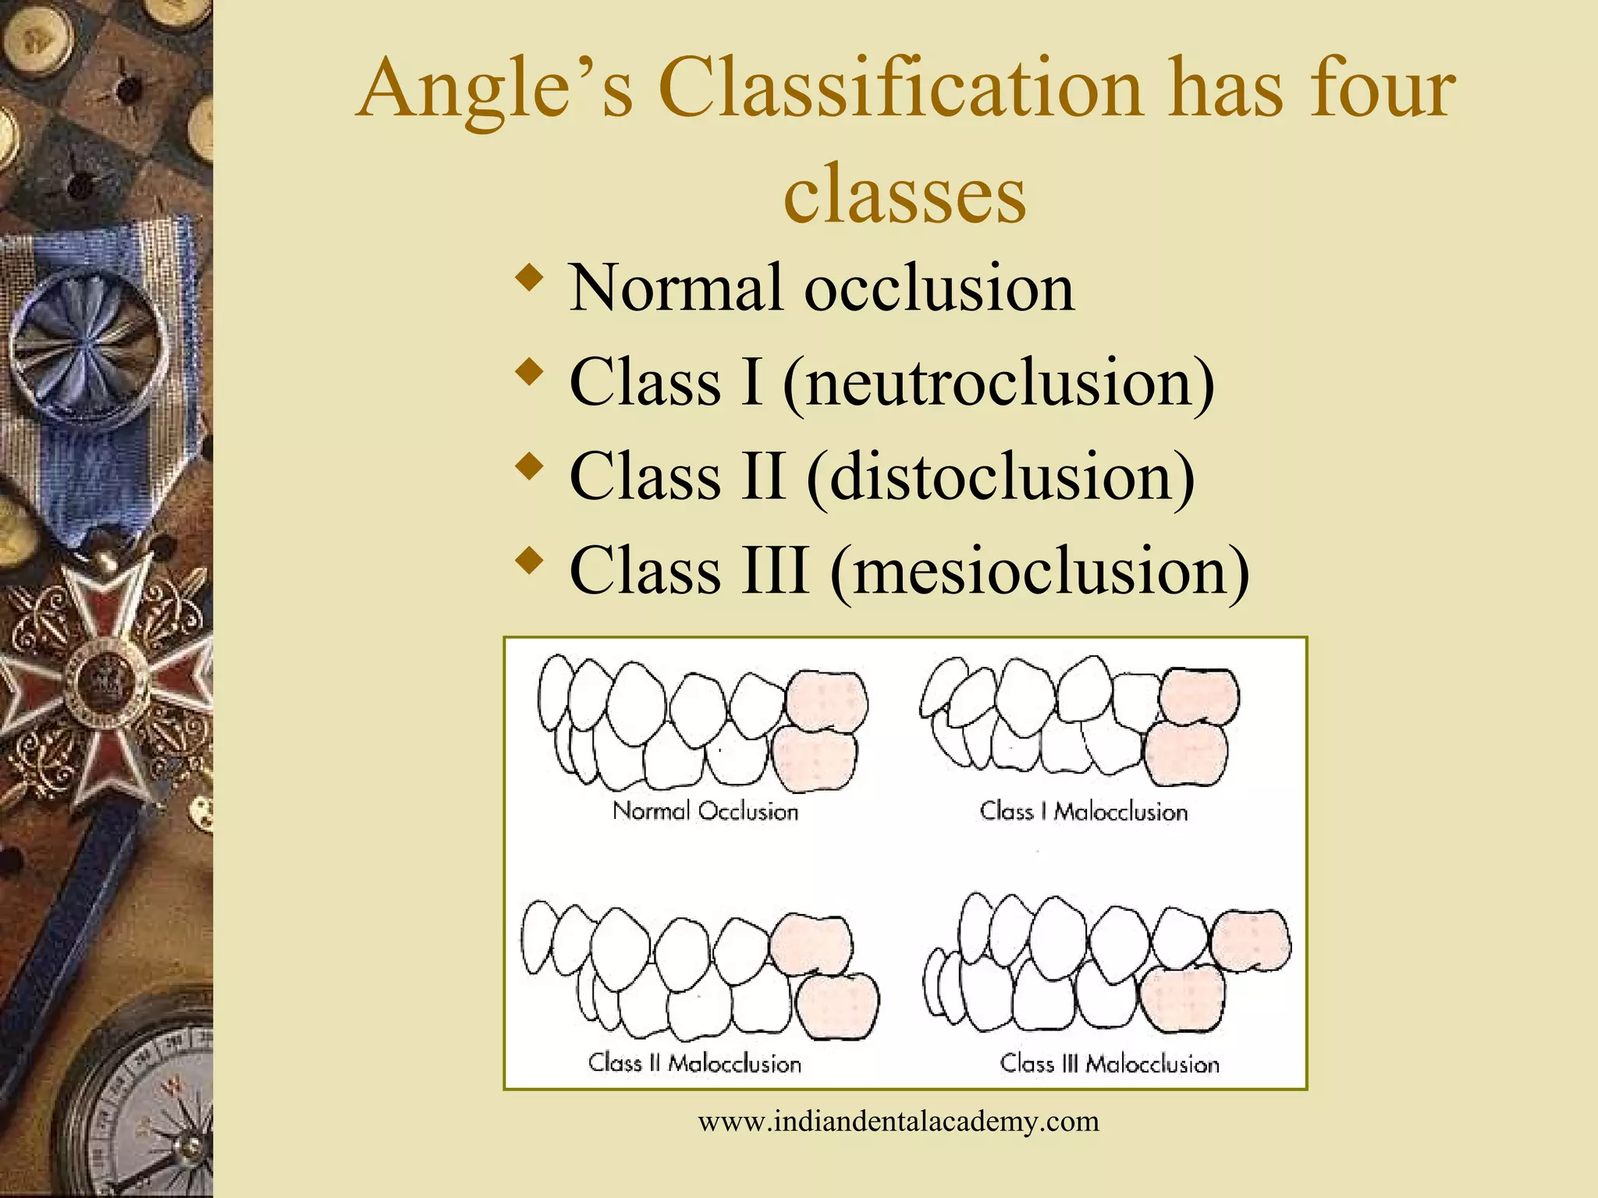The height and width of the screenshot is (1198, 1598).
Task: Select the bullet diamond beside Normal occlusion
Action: tap(530, 279)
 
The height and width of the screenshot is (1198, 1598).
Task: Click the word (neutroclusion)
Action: tap(999, 382)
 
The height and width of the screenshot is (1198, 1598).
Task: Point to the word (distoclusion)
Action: tap(1000, 477)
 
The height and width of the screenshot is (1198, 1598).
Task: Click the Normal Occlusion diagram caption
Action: tap(705, 811)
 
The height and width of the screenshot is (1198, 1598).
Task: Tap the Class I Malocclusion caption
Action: tap(1084, 811)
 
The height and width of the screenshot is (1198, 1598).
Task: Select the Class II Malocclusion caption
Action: tap(694, 1063)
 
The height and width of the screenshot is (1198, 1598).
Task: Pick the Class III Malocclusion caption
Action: tap(1110, 1063)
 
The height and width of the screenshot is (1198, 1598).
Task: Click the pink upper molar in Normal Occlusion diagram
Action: tap(826, 699)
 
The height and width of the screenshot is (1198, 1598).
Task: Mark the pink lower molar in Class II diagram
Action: tap(837, 1005)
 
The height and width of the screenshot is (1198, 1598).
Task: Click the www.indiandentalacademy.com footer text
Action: tap(898, 1122)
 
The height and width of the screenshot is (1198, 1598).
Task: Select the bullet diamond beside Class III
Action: tap(530, 562)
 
